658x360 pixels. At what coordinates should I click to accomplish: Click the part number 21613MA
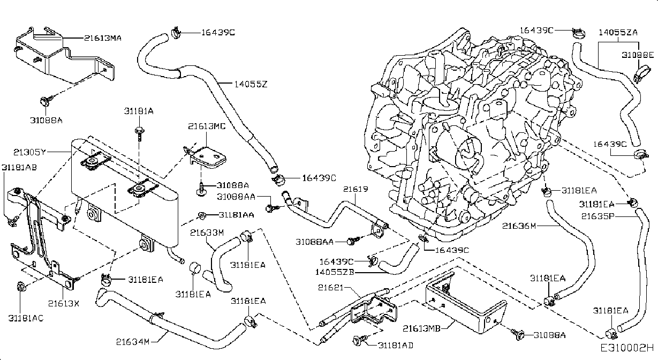pyautogui.click(x=102, y=38)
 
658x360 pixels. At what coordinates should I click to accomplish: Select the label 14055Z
pyautogui.click(x=251, y=84)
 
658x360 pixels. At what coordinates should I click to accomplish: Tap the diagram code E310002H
pyautogui.click(x=626, y=349)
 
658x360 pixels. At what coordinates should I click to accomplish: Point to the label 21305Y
pyautogui.click(x=29, y=152)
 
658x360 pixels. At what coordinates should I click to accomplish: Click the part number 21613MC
pyautogui.click(x=207, y=126)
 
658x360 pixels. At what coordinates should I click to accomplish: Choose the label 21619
pyautogui.click(x=356, y=189)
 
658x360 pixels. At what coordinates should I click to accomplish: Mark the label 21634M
pyautogui.click(x=133, y=342)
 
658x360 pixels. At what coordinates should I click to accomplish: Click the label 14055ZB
pyautogui.click(x=335, y=272)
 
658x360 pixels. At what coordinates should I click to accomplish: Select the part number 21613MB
pyautogui.click(x=421, y=328)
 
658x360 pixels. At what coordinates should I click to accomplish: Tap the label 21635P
pyautogui.click(x=598, y=216)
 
